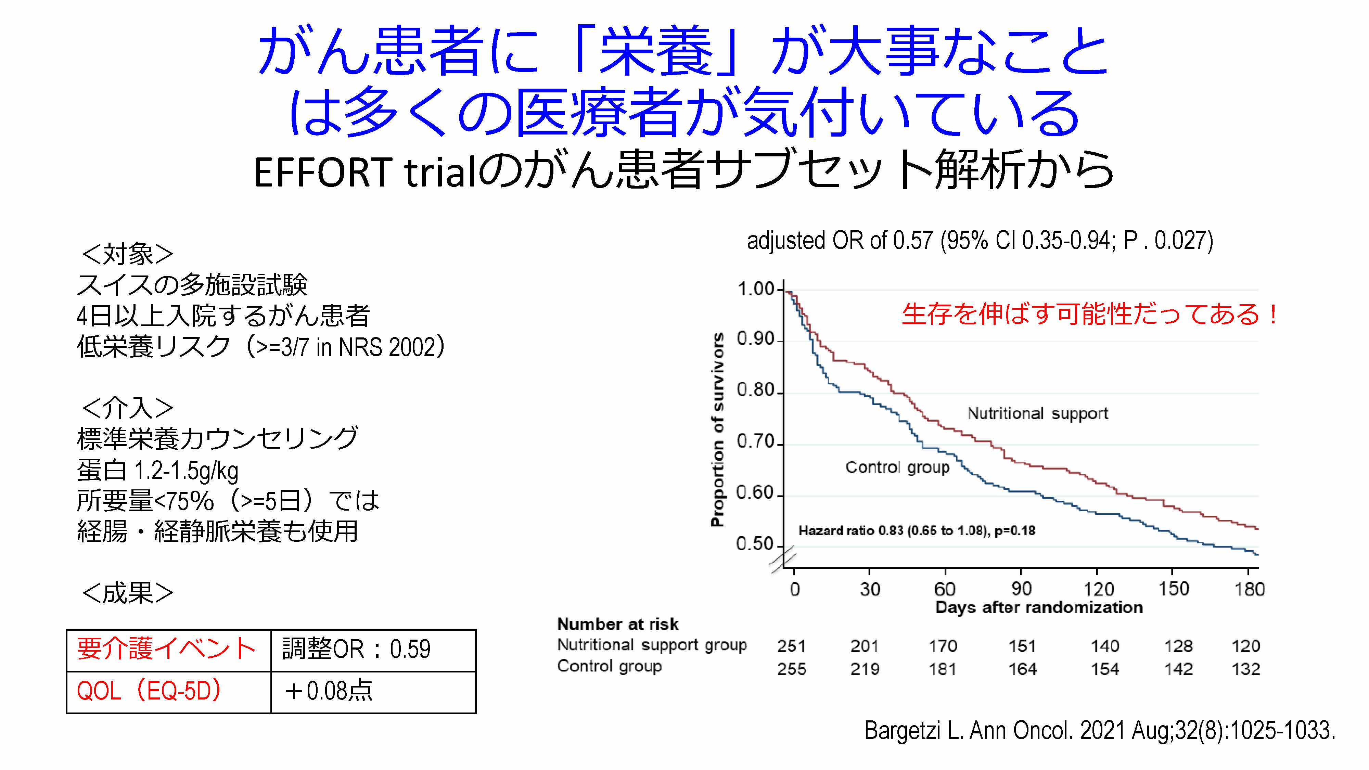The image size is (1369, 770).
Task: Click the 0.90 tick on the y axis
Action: point(756,338)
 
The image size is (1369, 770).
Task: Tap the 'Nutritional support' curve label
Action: point(1037,413)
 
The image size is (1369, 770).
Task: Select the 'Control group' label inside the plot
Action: point(897,467)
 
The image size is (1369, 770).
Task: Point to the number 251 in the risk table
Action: point(791,646)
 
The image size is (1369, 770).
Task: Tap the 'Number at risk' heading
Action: point(617,624)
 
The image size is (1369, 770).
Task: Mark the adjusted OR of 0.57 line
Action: point(980,241)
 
